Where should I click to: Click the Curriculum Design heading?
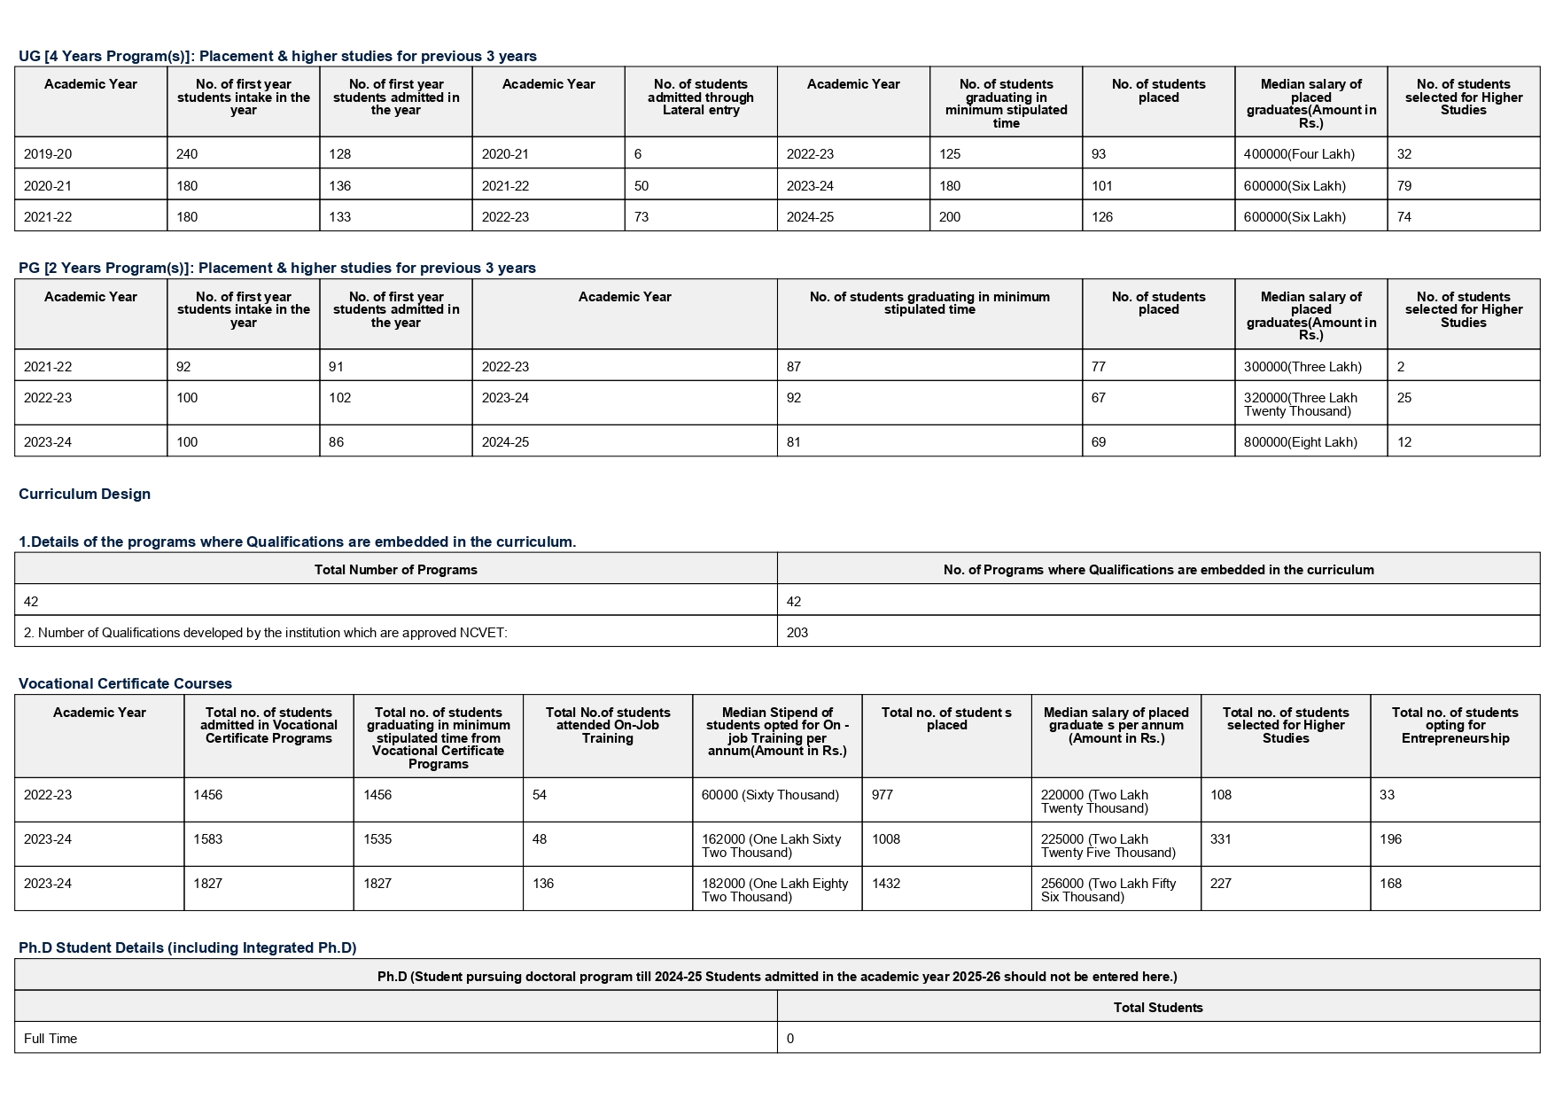(x=84, y=495)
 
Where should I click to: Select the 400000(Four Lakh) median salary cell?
(x=1298, y=154)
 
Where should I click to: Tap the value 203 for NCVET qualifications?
(x=797, y=633)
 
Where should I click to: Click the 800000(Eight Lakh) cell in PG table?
(x=1300, y=442)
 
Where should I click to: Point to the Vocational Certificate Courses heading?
(x=125, y=683)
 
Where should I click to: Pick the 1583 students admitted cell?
(x=208, y=839)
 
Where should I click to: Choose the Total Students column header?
(x=1157, y=1008)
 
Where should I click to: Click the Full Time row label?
(x=51, y=1039)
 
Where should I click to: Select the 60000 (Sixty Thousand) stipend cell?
(x=769, y=795)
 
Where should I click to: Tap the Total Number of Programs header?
(x=395, y=570)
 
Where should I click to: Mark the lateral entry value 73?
(x=641, y=217)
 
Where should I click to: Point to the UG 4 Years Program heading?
(x=277, y=57)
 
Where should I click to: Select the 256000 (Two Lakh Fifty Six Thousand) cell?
(x=1108, y=890)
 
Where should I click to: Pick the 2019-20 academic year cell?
(x=48, y=154)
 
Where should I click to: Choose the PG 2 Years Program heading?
(x=276, y=269)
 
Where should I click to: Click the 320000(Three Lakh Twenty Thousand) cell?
(x=1300, y=404)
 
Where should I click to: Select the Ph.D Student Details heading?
(x=187, y=948)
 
